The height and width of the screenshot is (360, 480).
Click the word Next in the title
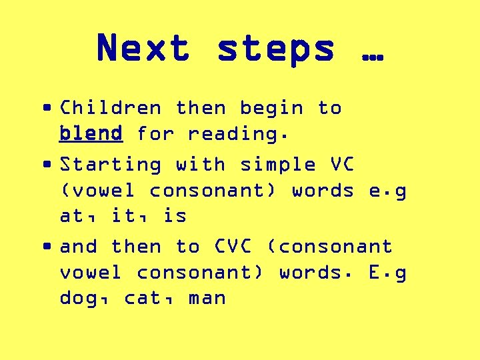(x=143, y=49)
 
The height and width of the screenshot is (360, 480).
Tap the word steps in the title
(x=276, y=49)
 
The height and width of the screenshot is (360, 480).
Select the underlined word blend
(x=91, y=133)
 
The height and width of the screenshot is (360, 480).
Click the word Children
(x=111, y=108)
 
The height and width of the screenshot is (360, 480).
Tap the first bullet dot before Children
(x=47, y=107)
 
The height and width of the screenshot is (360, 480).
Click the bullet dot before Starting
(x=47, y=164)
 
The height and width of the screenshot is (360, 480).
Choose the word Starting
(x=111, y=165)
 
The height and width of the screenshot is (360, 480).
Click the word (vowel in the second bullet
(x=97, y=191)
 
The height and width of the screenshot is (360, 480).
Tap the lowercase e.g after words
(x=387, y=191)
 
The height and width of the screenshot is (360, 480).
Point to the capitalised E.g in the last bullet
(x=387, y=273)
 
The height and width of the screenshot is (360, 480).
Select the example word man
(x=207, y=299)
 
